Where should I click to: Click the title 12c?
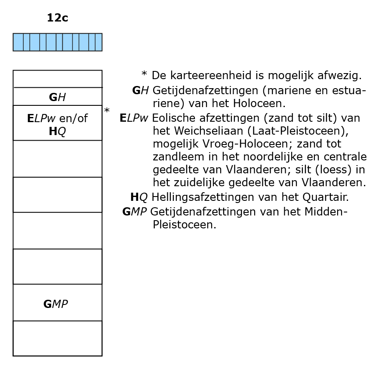[58, 18]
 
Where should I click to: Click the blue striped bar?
[58, 42]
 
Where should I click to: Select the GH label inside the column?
[57, 97]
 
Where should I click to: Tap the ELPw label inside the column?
[41, 118]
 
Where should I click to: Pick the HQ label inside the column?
[57, 132]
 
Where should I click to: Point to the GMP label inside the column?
[55, 304]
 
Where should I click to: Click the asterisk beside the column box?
[107, 110]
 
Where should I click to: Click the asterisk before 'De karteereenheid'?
[144, 73]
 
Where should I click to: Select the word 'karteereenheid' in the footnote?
[211, 75]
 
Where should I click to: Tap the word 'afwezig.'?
[339, 76]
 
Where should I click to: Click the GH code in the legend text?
[140, 90]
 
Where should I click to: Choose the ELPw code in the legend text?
[134, 118]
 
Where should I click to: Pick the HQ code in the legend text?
[139, 197]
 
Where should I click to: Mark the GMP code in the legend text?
[135, 212]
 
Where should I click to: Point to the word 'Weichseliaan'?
[209, 131]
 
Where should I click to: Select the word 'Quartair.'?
[326, 197]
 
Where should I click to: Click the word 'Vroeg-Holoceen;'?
[247, 144]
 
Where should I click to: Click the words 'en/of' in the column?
[74, 118]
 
